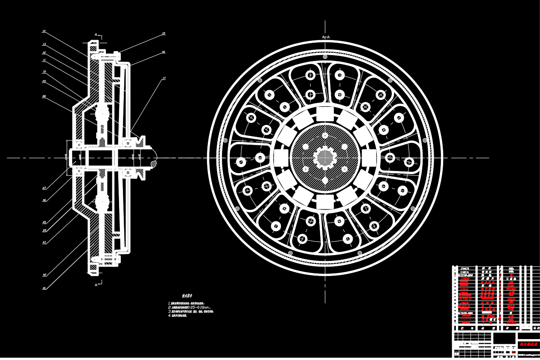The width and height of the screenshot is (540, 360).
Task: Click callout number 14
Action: [x=44, y=31]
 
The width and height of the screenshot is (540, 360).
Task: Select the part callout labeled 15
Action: [x=163, y=33]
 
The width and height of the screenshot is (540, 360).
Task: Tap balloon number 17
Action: [x=163, y=78]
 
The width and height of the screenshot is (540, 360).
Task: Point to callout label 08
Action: [x=44, y=96]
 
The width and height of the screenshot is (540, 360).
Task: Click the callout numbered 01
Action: [x=44, y=288]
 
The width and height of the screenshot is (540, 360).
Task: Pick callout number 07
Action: [x=44, y=188]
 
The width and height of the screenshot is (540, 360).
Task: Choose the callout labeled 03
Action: [x=44, y=242]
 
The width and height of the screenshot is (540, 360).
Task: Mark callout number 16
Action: [x=163, y=52]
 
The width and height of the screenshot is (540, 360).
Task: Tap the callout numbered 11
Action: [x=44, y=60]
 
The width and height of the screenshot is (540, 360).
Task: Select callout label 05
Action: [x=44, y=222]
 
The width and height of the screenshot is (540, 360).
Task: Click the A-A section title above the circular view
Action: [x=326, y=38]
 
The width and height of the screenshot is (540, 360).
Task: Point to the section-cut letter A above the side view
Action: [x=96, y=35]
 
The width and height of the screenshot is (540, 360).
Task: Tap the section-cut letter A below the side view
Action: [x=96, y=285]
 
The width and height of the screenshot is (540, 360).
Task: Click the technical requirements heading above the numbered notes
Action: [x=187, y=296]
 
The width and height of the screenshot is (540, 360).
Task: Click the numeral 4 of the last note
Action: [x=169, y=316]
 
